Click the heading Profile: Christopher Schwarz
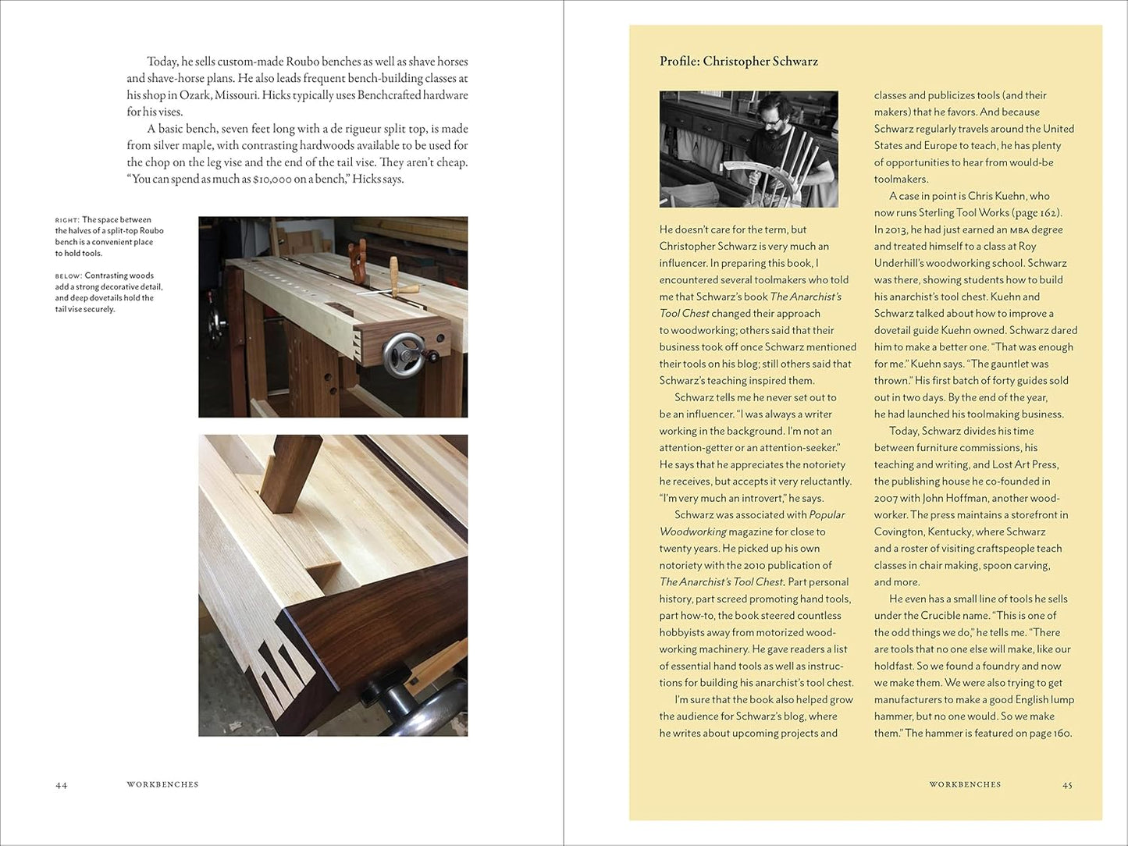(x=738, y=62)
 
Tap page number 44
(x=61, y=785)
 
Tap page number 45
(x=1067, y=784)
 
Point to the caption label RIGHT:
(x=66, y=220)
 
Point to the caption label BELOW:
(x=69, y=276)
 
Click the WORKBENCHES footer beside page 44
(x=162, y=784)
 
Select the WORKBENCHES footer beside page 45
(x=965, y=784)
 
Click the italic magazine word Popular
(x=827, y=515)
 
